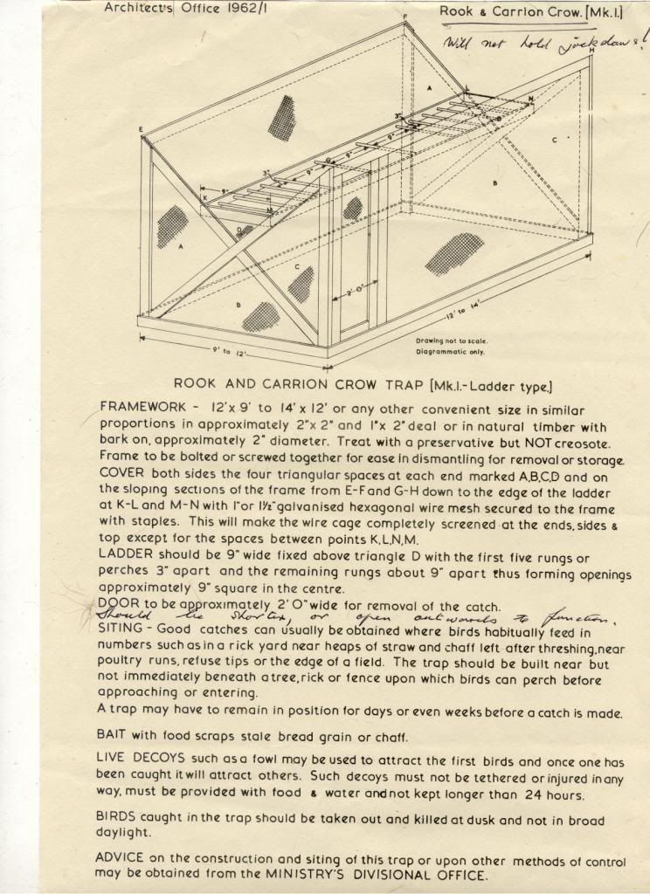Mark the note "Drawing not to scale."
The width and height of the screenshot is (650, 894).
(x=452, y=340)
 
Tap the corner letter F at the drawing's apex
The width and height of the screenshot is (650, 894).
(x=405, y=17)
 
